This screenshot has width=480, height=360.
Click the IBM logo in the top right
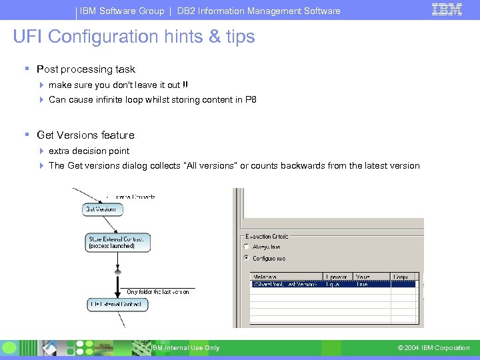click(446, 10)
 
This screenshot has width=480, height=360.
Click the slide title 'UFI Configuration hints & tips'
click(134, 37)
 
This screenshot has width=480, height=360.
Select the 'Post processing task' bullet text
click(86, 69)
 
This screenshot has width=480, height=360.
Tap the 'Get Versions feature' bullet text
click(85, 135)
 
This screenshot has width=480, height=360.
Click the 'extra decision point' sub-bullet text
click(89, 151)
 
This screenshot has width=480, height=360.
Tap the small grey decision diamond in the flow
click(118, 272)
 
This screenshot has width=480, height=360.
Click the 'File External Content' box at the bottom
click(117, 305)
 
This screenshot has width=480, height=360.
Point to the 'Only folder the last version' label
click(158, 292)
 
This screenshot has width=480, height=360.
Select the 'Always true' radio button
click(247, 247)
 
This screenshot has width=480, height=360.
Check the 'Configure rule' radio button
click(247, 258)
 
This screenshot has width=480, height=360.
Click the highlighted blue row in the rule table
click(333, 283)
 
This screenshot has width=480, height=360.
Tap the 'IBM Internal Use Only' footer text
click(185, 348)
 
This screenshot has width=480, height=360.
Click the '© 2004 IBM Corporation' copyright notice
click(433, 348)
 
